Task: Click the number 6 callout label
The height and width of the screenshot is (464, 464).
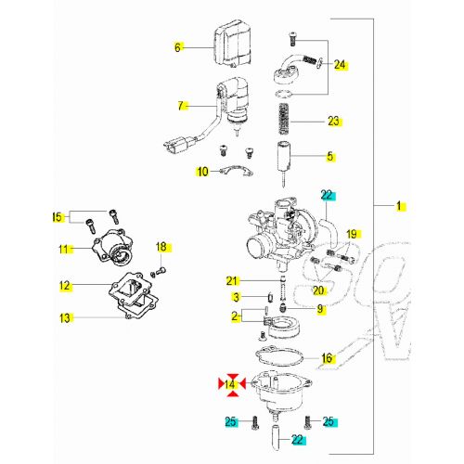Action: click(180, 45)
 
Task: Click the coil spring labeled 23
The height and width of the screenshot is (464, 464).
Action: click(287, 121)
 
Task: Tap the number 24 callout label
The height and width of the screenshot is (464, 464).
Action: click(340, 65)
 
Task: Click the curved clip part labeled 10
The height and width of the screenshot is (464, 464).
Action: click(239, 172)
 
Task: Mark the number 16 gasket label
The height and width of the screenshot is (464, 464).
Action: click(327, 358)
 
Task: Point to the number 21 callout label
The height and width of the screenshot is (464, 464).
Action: click(232, 280)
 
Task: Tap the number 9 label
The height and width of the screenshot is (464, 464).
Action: click(320, 308)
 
